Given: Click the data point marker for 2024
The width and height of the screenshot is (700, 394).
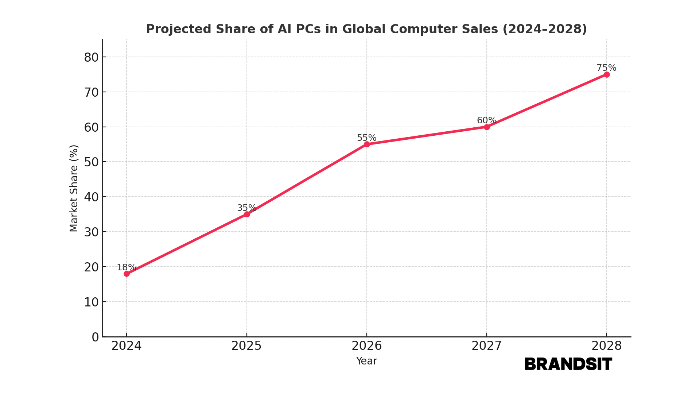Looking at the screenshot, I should click(x=127, y=274).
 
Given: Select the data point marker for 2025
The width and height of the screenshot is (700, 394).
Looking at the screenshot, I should click(x=247, y=214).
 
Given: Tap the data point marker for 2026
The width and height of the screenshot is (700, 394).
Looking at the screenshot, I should click(x=367, y=144).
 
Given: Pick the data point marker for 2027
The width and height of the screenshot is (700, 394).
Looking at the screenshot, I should click(x=487, y=127).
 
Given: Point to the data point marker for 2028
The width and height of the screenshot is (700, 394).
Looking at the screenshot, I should click(x=607, y=74).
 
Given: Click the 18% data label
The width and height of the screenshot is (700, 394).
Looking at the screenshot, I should click(x=126, y=267).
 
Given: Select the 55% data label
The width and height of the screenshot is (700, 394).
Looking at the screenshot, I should click(x=366, y=138).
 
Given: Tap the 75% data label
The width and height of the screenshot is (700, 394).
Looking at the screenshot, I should click(x=606, y=68).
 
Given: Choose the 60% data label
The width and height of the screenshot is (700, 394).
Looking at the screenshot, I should click(x=486, y=120).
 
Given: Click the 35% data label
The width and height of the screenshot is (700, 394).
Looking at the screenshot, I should click(x=246, y=208).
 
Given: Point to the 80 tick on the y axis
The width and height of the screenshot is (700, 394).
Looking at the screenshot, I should click(x=92, y=57).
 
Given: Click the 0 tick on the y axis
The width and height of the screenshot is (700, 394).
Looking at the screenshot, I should click(x=95, y=337).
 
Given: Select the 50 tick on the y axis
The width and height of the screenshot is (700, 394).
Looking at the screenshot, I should click(x=92, y=162).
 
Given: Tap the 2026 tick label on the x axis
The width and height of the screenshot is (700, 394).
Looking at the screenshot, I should click(x=366, y=346).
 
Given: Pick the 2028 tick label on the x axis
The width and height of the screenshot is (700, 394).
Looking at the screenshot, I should click(x=606, y=346).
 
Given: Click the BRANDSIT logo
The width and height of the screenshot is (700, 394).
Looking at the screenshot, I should click(x=568, y=364).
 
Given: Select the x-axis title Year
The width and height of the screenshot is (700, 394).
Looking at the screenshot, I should click(x=366, y=361).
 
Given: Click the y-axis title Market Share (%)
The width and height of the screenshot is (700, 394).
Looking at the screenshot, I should click(x=74, y=188).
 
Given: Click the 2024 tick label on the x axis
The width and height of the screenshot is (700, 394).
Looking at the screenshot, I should click(x=127, y=346).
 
